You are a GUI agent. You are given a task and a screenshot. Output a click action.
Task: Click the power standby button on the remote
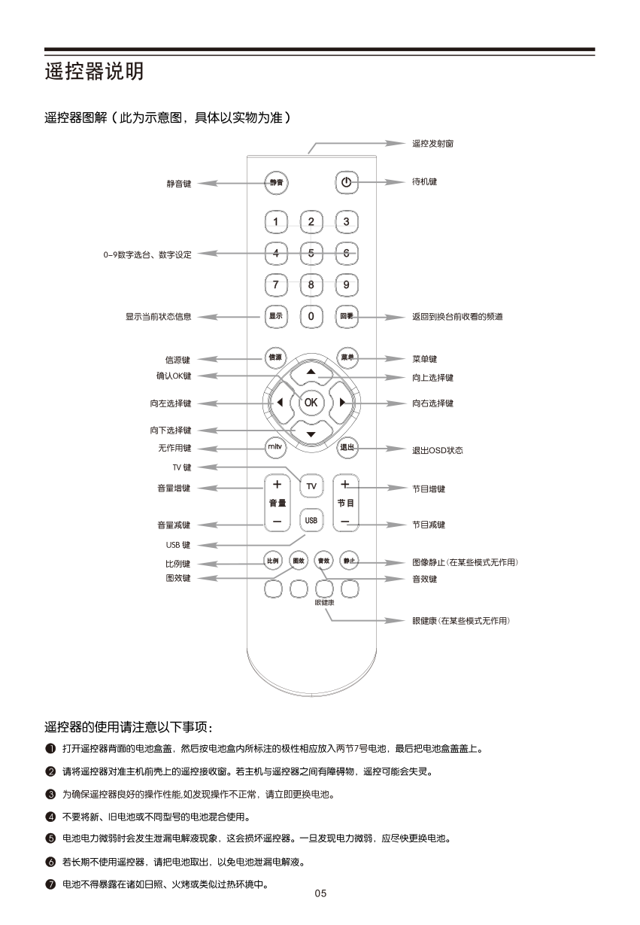(346, 182)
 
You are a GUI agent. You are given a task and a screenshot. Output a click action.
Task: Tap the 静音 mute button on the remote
(277, 182)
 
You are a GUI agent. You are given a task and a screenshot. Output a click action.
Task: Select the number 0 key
(311, 316)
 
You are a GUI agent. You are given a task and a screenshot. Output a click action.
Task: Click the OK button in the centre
(311, 403)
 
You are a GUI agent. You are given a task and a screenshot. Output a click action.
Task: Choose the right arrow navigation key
(342, 403)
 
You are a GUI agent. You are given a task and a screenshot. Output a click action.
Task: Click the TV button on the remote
(311, 486)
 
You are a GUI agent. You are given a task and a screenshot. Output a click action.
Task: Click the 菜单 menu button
(347, 358)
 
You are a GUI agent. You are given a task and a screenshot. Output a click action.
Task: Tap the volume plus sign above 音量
(277, 484)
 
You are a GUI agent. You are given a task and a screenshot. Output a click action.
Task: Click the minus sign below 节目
(345, 521)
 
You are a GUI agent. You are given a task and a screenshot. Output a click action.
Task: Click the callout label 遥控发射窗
(432, 143)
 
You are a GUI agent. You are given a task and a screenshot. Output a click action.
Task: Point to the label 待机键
(425, 182)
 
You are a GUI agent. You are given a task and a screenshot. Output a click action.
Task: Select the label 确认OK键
(169, 376)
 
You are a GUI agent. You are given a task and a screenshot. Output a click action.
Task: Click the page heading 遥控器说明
(93, 72)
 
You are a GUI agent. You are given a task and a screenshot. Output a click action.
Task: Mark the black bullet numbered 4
(50, 817)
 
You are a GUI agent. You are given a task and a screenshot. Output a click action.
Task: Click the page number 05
(320, 894)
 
